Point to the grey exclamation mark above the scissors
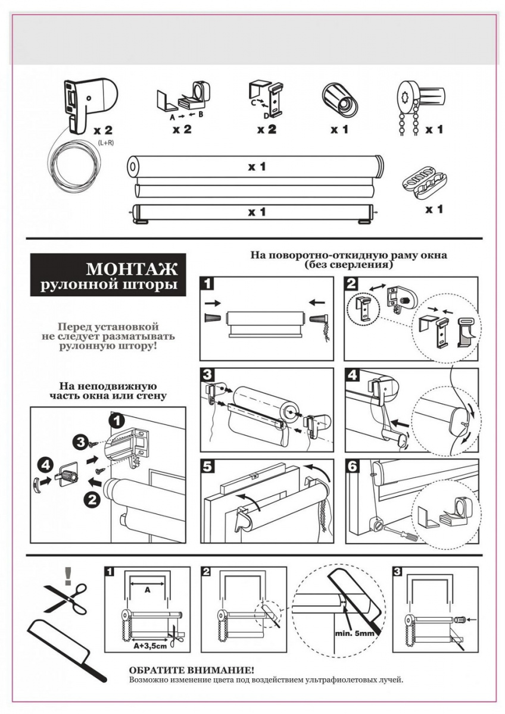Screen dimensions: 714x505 tap(68, 575)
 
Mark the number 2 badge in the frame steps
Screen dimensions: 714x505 tap(353, 284)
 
